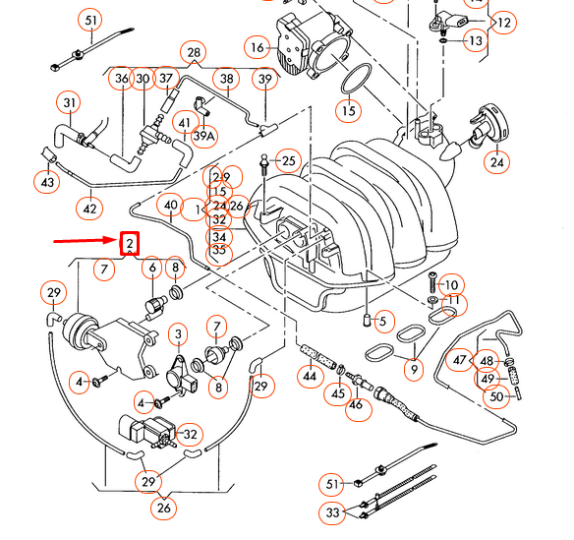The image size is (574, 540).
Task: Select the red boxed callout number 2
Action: [130, 244]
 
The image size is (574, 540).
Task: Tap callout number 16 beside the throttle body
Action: [258, 47]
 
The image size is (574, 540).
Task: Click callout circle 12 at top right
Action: [503, 21]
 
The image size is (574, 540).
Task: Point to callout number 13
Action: [475, 41]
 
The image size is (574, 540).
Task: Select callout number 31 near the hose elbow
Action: [70, 102]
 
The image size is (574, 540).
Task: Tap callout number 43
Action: [47, 182]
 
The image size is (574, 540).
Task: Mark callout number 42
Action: [90, 209]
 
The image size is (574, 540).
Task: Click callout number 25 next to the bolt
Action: [288, 160]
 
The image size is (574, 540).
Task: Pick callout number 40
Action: [170, 207]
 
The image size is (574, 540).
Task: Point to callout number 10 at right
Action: [451, 285]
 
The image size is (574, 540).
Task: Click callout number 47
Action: [461, 361]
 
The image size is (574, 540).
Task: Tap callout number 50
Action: [496, 396]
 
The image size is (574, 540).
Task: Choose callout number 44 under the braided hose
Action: [310, 377]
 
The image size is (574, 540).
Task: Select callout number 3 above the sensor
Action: [178, 335]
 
